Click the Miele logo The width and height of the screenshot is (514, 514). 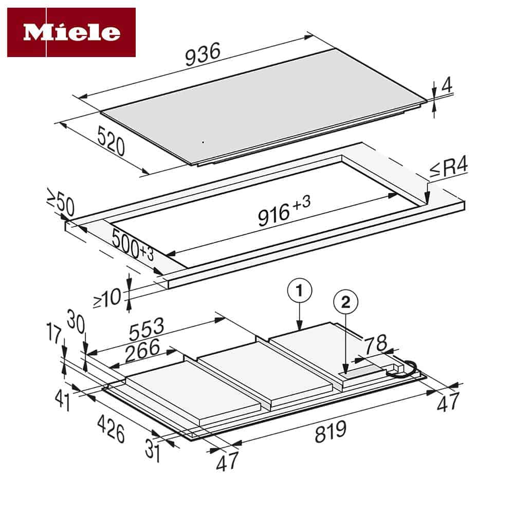pos(71,32)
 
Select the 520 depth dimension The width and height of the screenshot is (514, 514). pos(110,140)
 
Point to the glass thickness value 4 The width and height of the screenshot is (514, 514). pos(447,85)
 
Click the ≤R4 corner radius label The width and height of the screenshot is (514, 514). pos(448,169)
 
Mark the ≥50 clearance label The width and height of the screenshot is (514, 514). pos(61,205)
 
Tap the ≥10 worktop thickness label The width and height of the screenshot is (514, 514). pos(107,298)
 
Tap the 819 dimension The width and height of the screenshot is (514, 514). pos(330,432)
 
